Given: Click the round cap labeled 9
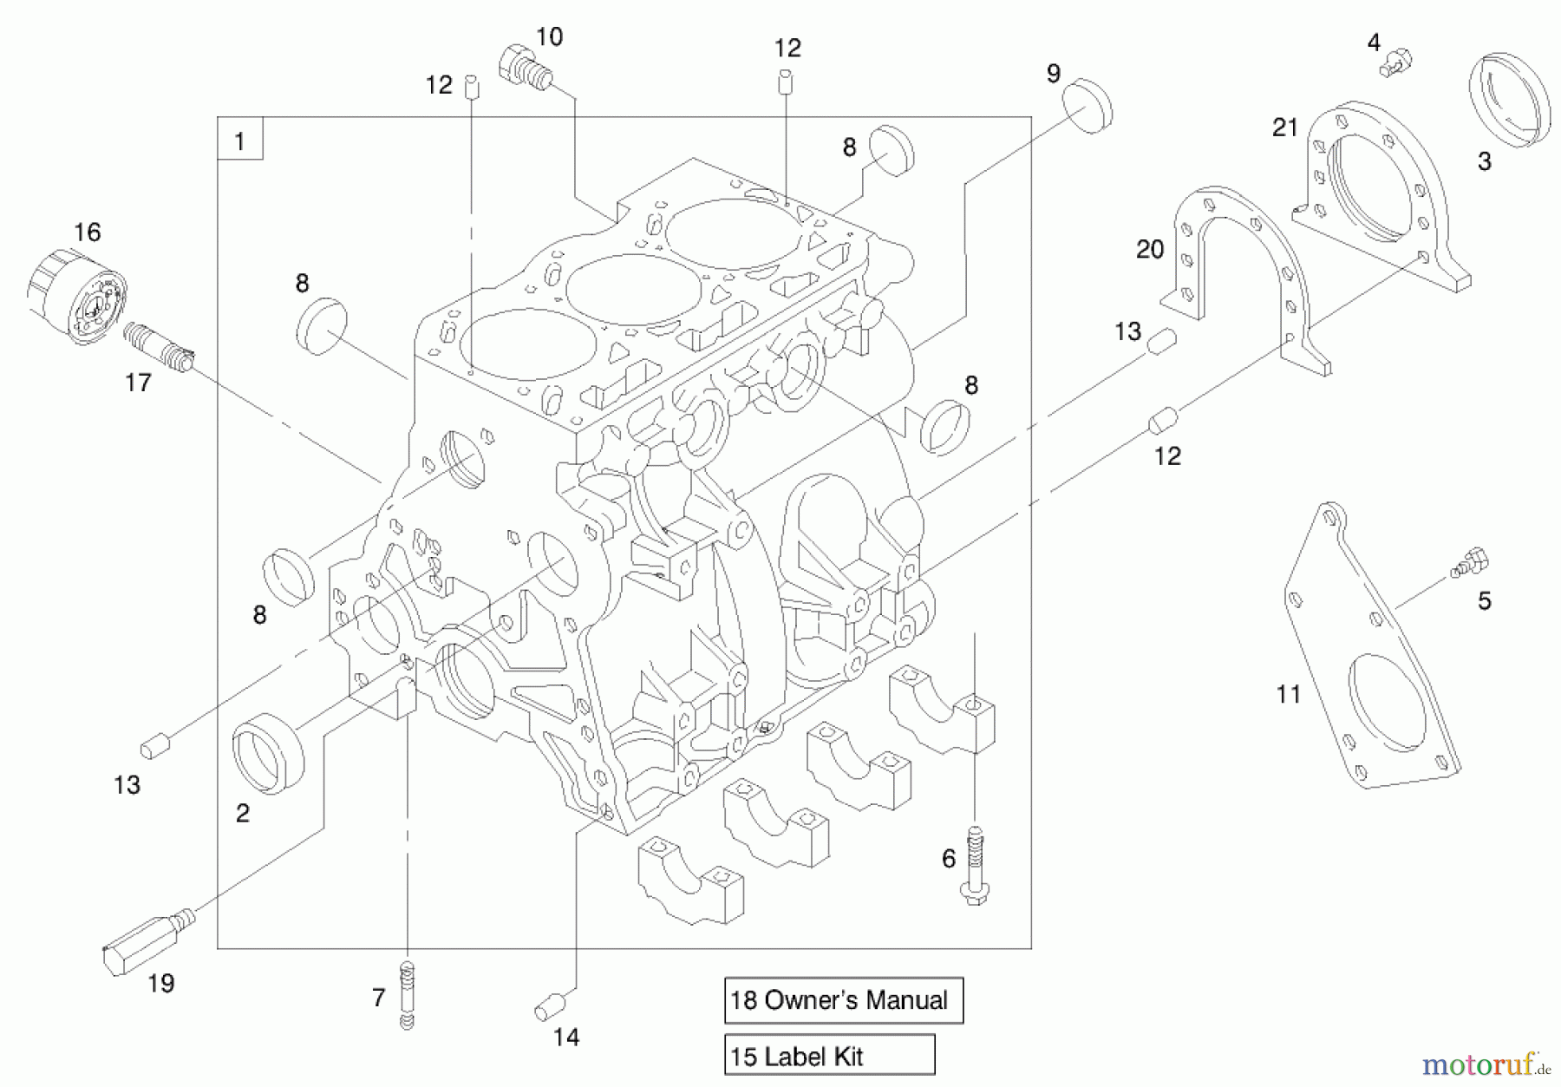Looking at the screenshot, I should point(1087,106).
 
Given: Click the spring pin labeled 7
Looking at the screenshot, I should point(406,995).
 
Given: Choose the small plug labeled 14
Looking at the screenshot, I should point(549,1008).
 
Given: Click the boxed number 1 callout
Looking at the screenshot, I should point(240,141).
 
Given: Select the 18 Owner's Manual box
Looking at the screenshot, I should point(843,1000).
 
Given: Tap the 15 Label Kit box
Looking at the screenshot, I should point(829,1056).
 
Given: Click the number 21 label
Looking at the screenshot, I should point(1284,128).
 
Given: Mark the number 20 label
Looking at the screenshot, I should point(1149,250).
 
